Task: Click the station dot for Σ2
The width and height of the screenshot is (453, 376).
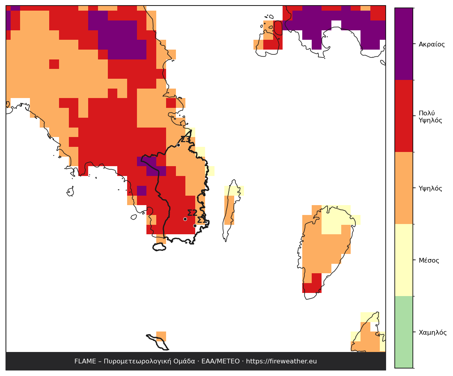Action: tap(185, 219)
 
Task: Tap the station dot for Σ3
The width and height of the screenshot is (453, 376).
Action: tap(179, 145)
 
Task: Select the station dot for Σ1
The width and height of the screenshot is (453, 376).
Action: tap(195, 226)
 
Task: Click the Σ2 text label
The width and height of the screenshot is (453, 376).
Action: tap(192, 213)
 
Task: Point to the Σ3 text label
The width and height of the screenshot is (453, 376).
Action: tap(185, 139)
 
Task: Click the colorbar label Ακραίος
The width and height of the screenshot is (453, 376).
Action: tap(432, 44)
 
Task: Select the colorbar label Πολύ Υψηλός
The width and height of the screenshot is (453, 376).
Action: tap(431, 117)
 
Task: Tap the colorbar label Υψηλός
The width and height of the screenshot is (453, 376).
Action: tap(431, 189)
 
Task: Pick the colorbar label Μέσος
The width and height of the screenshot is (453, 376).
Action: tap(429, 260)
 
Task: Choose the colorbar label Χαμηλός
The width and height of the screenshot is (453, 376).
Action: tap(433, 332)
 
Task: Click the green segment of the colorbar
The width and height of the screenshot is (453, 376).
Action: tap(404, 332)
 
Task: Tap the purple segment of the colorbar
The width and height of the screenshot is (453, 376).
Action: tap(404, 44)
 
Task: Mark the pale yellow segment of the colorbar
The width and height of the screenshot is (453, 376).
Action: tap(404, 260)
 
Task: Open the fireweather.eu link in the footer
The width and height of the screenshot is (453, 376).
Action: tap(281, 361)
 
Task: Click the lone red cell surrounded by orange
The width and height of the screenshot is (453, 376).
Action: tap(54, 64)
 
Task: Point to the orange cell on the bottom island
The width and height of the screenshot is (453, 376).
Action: tap(161, 336)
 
